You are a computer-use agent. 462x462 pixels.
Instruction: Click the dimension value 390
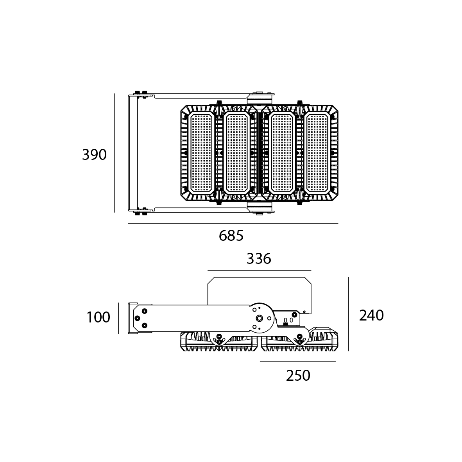tap(94, 155)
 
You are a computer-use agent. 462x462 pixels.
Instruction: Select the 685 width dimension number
tap(231, 236)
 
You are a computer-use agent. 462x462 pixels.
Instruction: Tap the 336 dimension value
tap(259, 259)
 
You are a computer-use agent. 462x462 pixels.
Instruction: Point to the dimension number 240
tap(371, 315)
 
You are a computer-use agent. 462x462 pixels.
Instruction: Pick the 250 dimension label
tap(298, 376)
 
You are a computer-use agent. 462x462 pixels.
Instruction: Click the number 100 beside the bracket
tap(98, 317)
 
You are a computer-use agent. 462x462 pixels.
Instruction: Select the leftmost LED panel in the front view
tap(201, 153)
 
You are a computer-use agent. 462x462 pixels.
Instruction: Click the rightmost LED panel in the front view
tap(317, 153)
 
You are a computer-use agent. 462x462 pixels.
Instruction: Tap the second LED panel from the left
tap(236, 153)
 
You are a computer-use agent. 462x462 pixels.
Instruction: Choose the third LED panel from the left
tap(282, 153)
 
